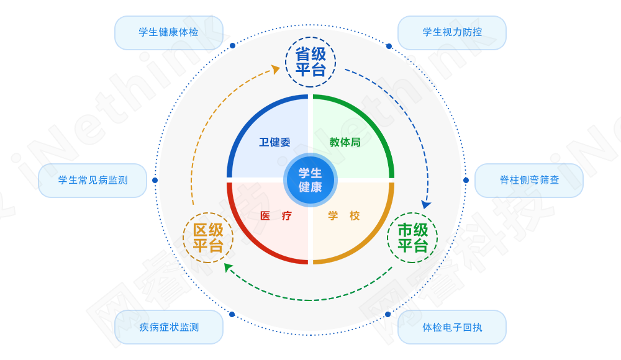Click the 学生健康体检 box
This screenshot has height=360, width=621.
[168, 32]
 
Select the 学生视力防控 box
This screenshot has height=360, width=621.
[452, 32]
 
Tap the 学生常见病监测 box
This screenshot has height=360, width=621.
[93, 180]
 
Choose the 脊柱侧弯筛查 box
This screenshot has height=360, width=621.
[529, 180]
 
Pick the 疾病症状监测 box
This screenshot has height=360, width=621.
[168, 327]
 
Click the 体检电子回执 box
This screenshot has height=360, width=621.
[452, 327]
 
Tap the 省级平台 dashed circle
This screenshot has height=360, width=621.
[310, 62]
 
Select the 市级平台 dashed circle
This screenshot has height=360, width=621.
[412, 238]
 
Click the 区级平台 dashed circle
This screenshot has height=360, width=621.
[208, 238]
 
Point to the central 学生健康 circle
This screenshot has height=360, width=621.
[310, 180]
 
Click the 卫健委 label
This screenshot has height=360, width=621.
[274, 142]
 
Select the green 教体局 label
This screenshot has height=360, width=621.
[345, 142]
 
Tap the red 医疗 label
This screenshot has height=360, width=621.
[275, 216]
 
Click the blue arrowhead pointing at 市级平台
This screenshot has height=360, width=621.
[425, 204]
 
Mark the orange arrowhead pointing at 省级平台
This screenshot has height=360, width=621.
[275, 70]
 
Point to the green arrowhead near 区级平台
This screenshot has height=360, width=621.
[228, 268]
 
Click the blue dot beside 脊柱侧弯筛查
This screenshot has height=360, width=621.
[466, 180]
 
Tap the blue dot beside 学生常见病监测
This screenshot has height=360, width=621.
[155, 180]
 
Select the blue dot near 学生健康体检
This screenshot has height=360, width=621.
[232, 45]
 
